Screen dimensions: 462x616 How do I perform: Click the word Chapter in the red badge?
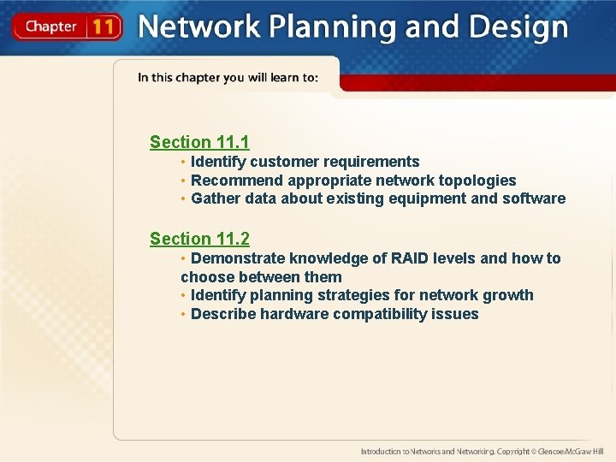click(x=50, y=27)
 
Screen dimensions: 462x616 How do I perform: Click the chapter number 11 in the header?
click(x=103, y=27)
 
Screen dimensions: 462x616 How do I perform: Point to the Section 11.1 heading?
click(x=199, y=142)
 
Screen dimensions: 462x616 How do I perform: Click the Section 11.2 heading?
click(x=199, y=239)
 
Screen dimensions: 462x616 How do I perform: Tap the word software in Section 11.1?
click(x=534, y=198)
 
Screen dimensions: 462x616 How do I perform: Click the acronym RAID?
click(x=417, y=258)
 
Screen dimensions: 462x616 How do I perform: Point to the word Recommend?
click(x=237, y=181)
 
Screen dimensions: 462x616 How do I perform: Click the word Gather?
click(x=216, y=198)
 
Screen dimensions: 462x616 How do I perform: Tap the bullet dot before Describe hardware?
click(x=184, y=314)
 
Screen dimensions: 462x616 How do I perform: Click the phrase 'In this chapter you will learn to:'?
click(x=228, y=78)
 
